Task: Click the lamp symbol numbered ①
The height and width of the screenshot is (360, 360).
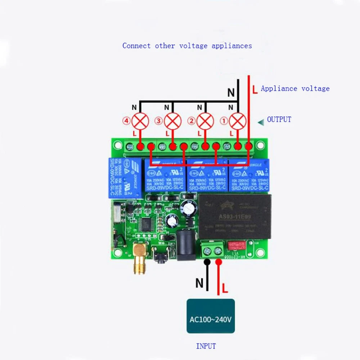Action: [x=238, y=121]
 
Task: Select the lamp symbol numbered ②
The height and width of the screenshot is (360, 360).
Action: [x=206, y=121]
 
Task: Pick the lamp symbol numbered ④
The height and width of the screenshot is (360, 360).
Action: [x=140, y=121]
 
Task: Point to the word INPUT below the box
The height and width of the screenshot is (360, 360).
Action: [x=206, y=346]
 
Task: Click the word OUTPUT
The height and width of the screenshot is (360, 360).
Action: [x=279, y=120]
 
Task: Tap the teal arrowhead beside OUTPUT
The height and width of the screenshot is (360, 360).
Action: [x=261, y=122]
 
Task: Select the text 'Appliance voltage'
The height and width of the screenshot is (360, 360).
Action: [x=295, y=89]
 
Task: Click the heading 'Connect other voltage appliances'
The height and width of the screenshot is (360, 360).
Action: [x=187, y=46]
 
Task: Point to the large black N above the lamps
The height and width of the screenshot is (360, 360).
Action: [x=231, y=93]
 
